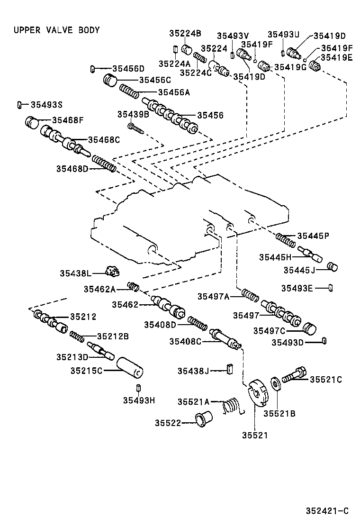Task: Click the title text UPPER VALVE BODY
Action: point(56,30)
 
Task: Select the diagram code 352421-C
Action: point(327,511)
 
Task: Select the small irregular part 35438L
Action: point(113,272)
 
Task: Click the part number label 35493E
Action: point(297,288)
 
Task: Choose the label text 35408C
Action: point(186,341)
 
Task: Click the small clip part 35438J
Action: point(230,369)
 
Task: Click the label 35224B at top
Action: point(185,33)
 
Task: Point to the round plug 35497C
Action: point(309,329)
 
